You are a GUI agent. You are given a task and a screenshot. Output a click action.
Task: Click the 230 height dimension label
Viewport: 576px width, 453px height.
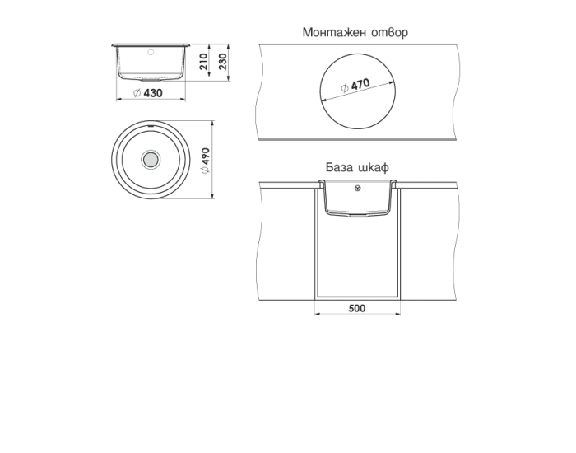coord(222,61)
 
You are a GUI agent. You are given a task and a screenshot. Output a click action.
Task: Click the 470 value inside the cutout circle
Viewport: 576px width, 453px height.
coord(360,84)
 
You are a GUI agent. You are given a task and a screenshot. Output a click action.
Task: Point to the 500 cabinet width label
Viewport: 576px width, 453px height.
coord(356,308)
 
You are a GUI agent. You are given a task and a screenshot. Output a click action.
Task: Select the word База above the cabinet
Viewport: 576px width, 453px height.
coord(340,167)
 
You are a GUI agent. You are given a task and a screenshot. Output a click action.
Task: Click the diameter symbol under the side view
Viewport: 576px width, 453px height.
coord(137,94)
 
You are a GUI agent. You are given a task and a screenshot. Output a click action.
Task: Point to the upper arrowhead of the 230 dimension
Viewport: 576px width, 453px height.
coord(231,44)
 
